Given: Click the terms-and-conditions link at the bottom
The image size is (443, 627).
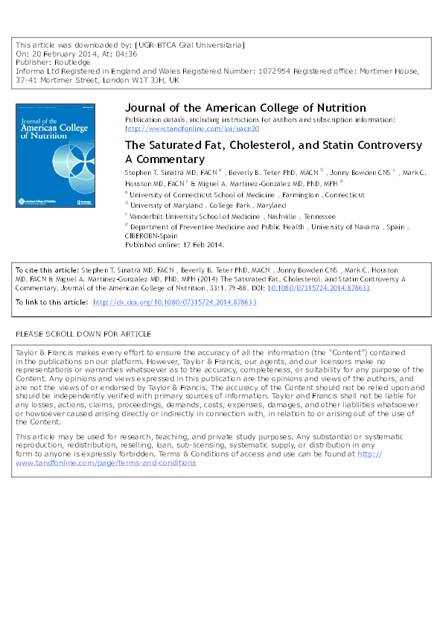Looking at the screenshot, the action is (106, 462).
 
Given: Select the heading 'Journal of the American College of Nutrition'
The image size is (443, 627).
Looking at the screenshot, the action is (245, 108).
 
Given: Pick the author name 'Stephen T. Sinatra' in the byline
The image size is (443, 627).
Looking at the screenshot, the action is (155, 173).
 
